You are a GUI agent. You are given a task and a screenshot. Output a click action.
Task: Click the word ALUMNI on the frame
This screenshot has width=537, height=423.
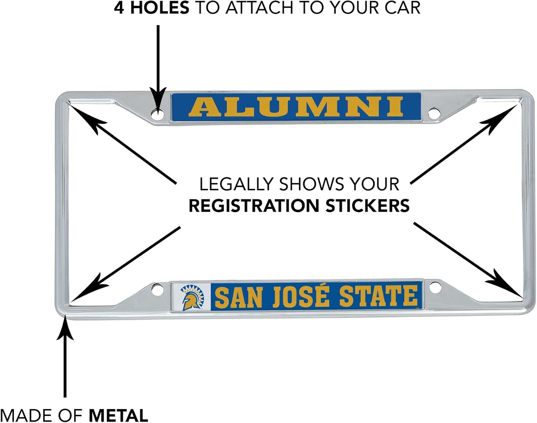coord(296,107)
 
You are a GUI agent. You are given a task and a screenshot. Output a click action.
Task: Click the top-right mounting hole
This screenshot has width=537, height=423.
coord(434,114)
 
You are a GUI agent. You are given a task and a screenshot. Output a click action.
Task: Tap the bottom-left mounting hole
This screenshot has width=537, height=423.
coord(156,289)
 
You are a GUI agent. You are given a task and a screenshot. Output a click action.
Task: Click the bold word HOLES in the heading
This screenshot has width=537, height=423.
coord(159,8)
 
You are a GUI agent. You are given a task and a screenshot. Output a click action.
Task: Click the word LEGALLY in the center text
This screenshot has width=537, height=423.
coord(236,184)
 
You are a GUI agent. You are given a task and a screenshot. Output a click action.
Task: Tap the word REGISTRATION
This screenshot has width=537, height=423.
coord(253,206)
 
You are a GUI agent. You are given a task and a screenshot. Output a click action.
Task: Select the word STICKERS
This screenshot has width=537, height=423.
coord(367,206)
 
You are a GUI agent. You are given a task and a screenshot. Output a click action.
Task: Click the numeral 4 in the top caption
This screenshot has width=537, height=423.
coord(119,8)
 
